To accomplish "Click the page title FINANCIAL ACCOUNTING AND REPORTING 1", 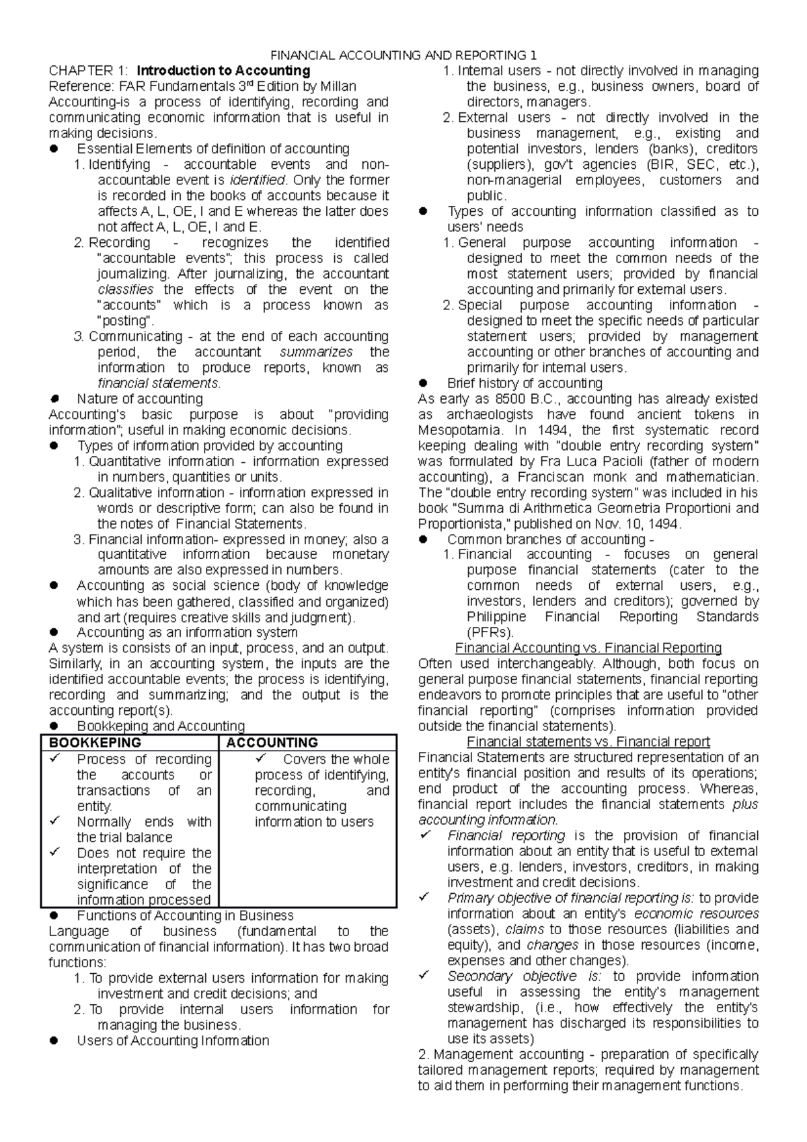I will tap(403, 55).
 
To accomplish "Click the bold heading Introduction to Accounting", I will tap(223, 71).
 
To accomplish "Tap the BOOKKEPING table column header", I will tap(92, 743).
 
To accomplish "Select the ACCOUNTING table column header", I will tap(272, 743).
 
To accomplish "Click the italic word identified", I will tap(258, 180).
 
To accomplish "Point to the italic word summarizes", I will tap(316, 352).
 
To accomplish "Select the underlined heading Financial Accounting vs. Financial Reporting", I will tap(588, 648).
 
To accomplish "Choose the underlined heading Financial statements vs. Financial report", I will tap(588, 742).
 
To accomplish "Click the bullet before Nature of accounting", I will tap(55, 399).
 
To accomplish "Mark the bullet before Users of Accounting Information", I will tap(55, 1041).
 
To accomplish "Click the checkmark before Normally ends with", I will tap(55, 821).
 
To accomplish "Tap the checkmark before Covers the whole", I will tap(261, 759).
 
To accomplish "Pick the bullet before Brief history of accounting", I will tap(424, 383).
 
